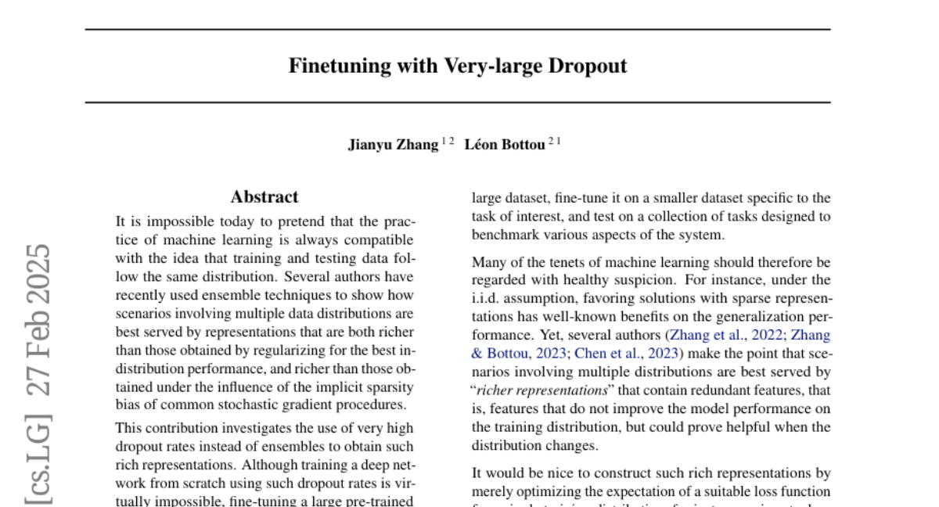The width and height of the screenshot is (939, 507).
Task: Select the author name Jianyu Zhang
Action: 393,145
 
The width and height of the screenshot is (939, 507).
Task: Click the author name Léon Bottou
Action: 504,145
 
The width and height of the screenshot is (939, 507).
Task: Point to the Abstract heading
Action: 264,197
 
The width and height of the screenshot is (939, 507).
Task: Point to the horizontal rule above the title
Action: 457,30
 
